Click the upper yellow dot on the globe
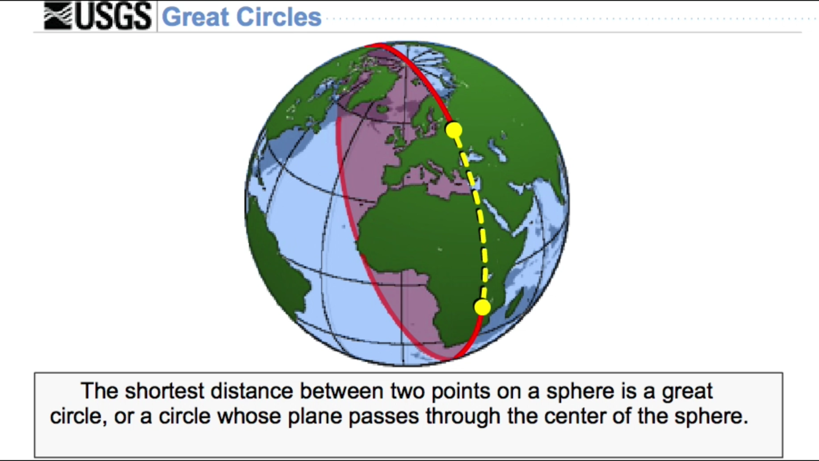(454, 130)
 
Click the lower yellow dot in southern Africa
(482, 307)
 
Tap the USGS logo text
(113, 16)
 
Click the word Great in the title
(195, 17)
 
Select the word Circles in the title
(279, 17)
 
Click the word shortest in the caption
(164, 391)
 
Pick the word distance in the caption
(252, 391)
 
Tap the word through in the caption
(459, 416)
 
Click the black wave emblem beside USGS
(58, 16)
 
